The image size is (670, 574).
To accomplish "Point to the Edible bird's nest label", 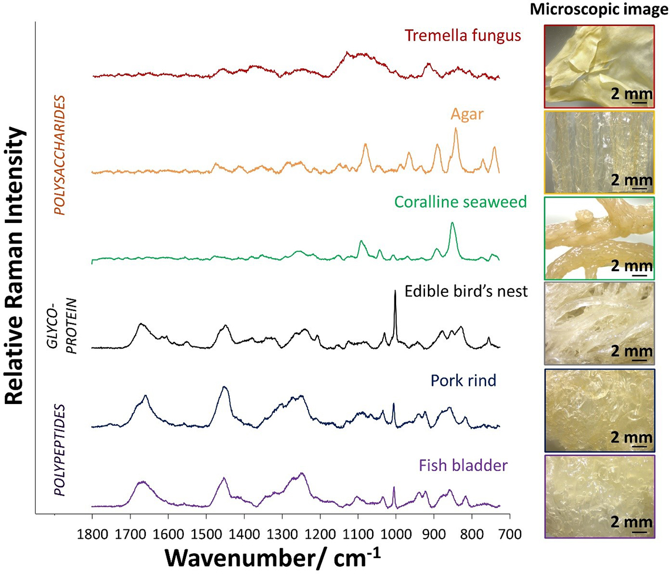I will [466, 291].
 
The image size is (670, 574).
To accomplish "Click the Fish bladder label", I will [463, 467].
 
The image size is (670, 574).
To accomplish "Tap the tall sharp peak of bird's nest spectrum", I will [395, 293].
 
